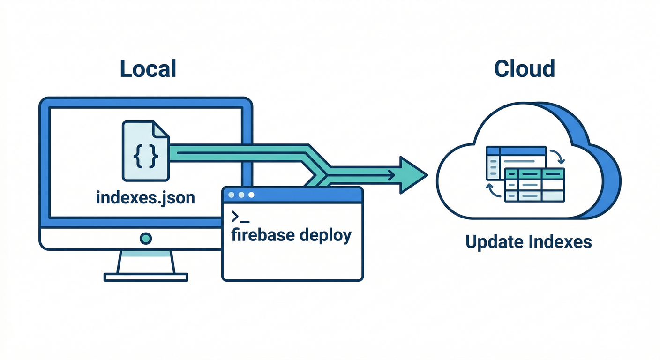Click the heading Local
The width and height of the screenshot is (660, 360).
(x=148, y=68)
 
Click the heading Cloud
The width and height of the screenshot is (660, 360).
(x=525, y=68)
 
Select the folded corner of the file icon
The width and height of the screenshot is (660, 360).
(x=161, y=129)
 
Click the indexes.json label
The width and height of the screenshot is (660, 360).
(x=145, y=197)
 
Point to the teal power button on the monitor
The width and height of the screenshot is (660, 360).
(x=146, y=238)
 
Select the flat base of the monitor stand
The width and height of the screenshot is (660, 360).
(x=146, y=277)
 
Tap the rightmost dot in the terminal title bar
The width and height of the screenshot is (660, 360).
(x=251, y=195)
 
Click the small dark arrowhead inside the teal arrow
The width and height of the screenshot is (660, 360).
(x=390, y=175)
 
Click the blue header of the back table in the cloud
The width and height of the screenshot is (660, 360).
(x=516, y=151)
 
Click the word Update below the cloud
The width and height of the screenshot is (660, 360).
(x=494, y=242)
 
